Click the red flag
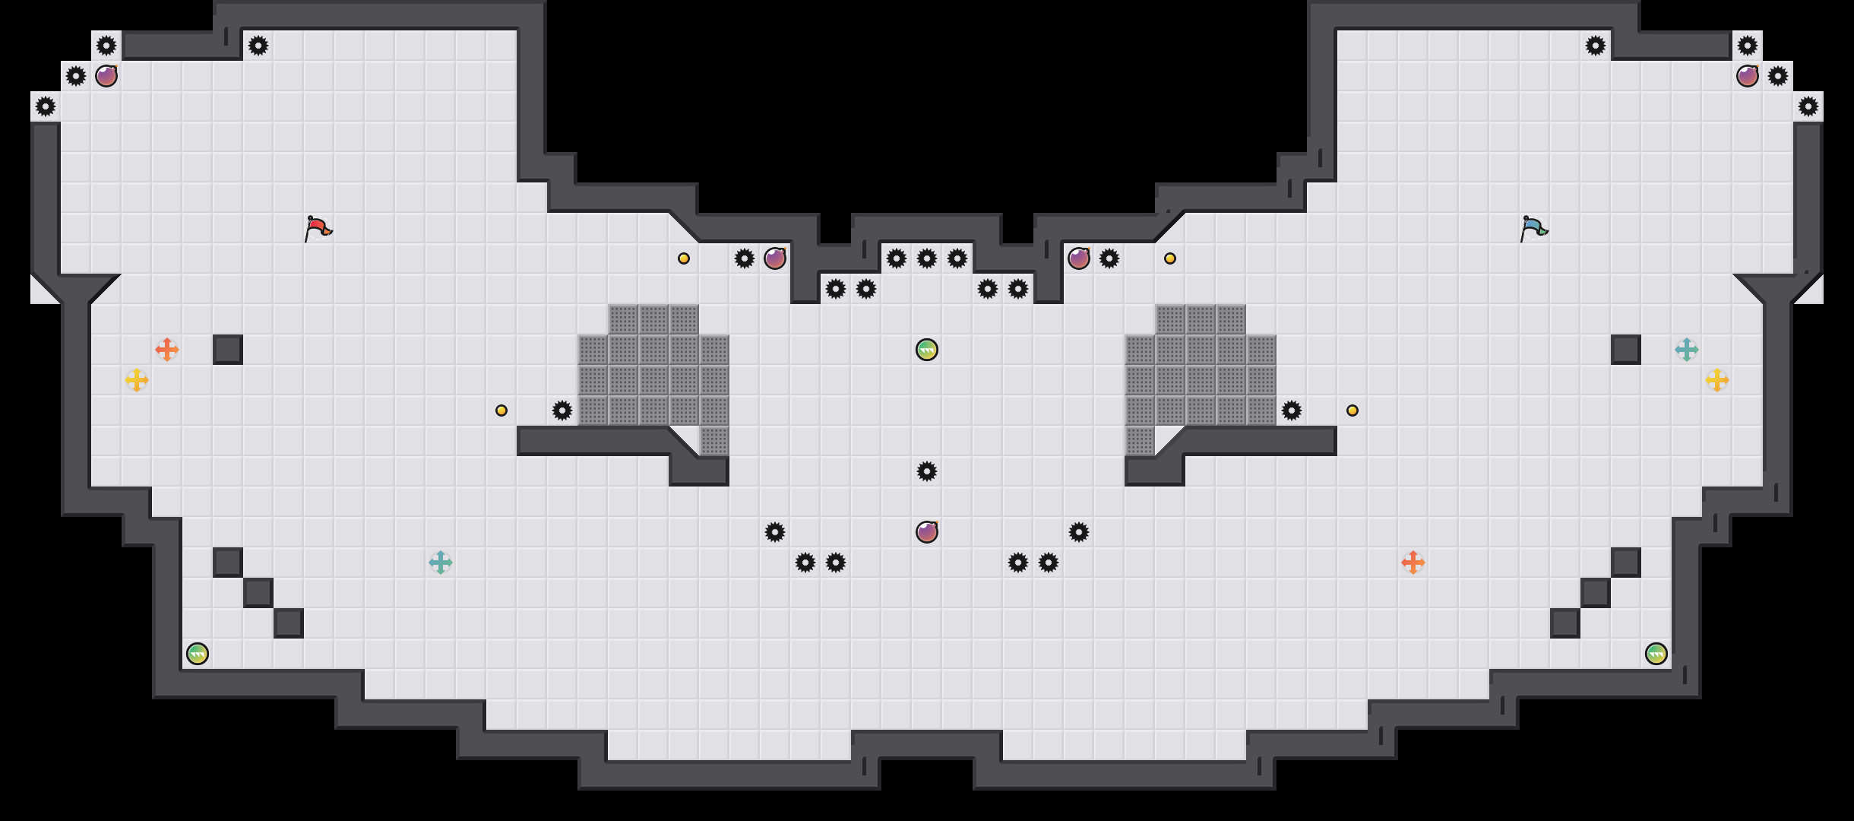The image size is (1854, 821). [x=318, y=228]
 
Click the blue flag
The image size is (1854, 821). [x=1533, y=228]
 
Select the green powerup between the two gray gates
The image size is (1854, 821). [x=927, y=350]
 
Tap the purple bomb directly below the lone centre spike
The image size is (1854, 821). [x=927, y=532]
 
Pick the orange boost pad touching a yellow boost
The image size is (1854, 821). [x=167, y=350]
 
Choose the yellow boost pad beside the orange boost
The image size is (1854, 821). [x=137, y=380]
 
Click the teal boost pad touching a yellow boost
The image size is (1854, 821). [x=1687, y=350]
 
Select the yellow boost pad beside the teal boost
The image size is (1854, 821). [x=1717, y=380]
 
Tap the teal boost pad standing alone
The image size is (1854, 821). [x=441, y=563]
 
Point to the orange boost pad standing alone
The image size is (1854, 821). [x=1413, y=563]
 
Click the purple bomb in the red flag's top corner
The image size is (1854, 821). [x=106, y=76]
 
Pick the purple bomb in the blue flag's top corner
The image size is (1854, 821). [x=1748, y=76]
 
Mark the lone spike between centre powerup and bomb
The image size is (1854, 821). [x=927, y=471]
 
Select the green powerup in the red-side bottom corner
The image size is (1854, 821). [x=198, y=654]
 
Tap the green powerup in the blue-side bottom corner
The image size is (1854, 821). [x=1656, y=654]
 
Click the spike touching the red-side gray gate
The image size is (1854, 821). [x=562, y=410]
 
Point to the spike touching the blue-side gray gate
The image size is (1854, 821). [x=1292, y=410]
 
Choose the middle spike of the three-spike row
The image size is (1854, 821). [x=927, y=258]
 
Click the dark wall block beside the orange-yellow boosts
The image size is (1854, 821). [x=228, y=350]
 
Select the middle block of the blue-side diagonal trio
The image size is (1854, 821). [x=1596, y=593]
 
